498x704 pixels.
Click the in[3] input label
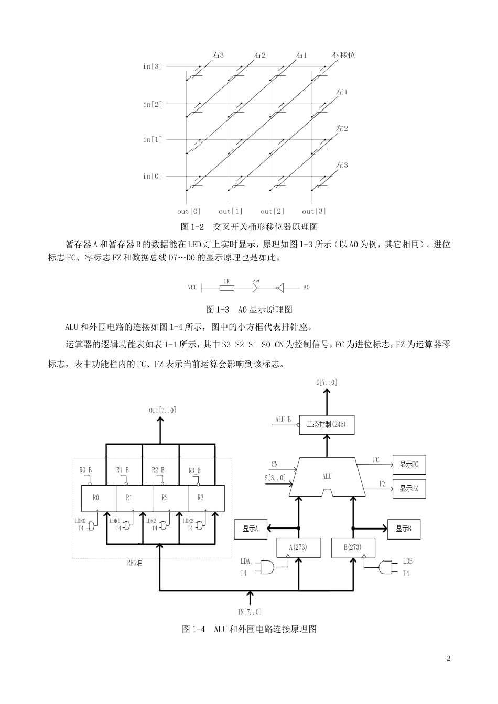(x=153, y=67)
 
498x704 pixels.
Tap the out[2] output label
(x=272, y=211)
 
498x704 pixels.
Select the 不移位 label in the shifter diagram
(x=343, y=54)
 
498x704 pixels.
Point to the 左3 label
(x=342, y=165)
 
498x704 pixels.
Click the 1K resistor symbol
(x=226, y=287)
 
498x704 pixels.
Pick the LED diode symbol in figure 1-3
(x=256, y=287)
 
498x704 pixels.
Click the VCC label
(x=193, y=288)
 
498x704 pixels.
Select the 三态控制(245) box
(x=326, y=424)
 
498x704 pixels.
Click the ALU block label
(x=327, y=476)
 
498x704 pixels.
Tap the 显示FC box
(x=409, y=464)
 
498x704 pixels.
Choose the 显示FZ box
(x=409, y=489)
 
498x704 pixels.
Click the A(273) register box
(x=298, y=547)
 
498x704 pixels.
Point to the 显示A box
(x=251, y=529)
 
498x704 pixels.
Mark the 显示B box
(x=404, y=529)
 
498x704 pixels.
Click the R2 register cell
(x=164, y=498)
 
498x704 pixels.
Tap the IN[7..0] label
(x=250, y=612)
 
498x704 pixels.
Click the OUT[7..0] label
(x=163, y=410)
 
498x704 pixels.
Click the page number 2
(x=448, y=658)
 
